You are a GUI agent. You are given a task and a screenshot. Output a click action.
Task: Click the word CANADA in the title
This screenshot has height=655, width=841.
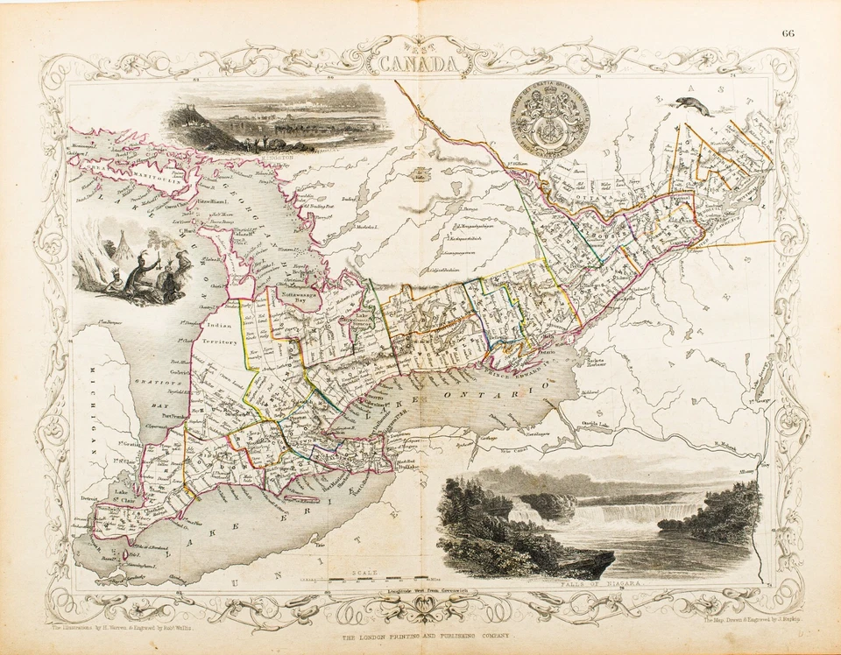[x=419, y=64]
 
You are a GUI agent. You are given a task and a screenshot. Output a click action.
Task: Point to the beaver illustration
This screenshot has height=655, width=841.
[x=692, y=106]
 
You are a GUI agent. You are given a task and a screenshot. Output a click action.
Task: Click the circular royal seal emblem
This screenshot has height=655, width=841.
[x=550, y=122]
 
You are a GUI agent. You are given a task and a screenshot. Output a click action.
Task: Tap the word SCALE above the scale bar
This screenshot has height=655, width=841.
[x=363, y=570]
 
